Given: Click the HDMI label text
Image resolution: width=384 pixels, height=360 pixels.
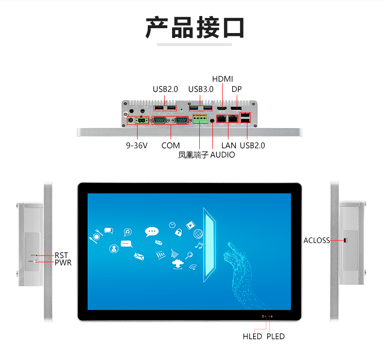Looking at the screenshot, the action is [x=222, y=79].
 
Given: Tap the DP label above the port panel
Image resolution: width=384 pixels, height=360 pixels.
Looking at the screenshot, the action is [x=237, y=89].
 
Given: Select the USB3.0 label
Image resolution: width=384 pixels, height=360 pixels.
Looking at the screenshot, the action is [x=201, y=89].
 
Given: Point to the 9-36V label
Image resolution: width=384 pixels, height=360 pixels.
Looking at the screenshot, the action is [x=137, y=146].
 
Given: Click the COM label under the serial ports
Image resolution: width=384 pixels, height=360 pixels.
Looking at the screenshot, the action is [x=171, y=146].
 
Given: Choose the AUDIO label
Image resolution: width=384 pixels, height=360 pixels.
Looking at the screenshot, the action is [x=222, y=154].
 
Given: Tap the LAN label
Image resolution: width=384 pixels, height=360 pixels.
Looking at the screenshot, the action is [x=229, y=146].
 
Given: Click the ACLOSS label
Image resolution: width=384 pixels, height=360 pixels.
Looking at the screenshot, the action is [x=316, y=240].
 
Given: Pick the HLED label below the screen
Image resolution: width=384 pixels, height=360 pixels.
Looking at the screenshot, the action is [x=252, y=337].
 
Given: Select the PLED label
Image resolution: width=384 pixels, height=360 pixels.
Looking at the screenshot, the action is [x=276, y=337].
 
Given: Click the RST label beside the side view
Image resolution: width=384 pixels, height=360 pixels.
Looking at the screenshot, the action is [x=61, y=255].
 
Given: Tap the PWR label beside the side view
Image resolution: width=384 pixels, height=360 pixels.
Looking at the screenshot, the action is [x=63, y=263].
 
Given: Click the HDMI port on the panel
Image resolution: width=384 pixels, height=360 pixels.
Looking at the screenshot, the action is [x=222, y=108].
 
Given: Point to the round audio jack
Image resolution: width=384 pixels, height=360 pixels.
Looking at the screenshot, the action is [x=212, y=120].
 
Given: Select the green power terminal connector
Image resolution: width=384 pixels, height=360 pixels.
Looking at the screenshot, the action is [x=141, y=120].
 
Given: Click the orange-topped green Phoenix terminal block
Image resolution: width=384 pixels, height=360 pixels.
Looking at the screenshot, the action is [x=200, y=119].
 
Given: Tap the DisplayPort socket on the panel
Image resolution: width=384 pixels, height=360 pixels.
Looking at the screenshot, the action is [x=236, y=108].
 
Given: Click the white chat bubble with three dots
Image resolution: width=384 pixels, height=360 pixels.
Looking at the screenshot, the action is [x=152, y=232].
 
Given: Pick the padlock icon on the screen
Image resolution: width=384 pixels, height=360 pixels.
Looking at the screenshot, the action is [x=178, y=232].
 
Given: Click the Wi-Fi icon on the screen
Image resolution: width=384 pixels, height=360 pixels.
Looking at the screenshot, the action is [x=193, y=267].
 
